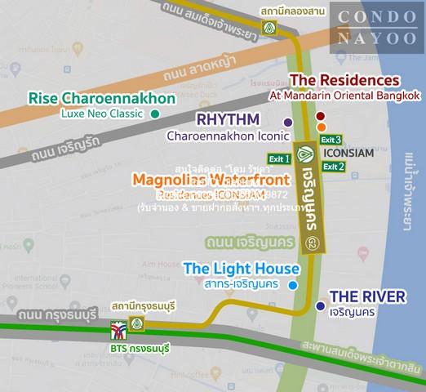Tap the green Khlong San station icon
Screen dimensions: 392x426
pyautogui.click(x=268, y=27)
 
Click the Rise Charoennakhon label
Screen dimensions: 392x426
pyautogui.click(x=102, y=99)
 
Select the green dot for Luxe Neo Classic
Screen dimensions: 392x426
pyautogui.click(x=154, y=114)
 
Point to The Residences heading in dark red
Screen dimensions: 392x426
pyautogui.click(x=345, y=81)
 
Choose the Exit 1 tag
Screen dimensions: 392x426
pyautogui.click(x=279, y=158)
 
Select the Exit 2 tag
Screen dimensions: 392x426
pyautogui.click(x=333, y=166)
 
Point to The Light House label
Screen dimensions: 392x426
pyautogui.click(x=242, y=268)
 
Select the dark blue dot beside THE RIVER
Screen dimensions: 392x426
pyautogui.click(x=319, y=306)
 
